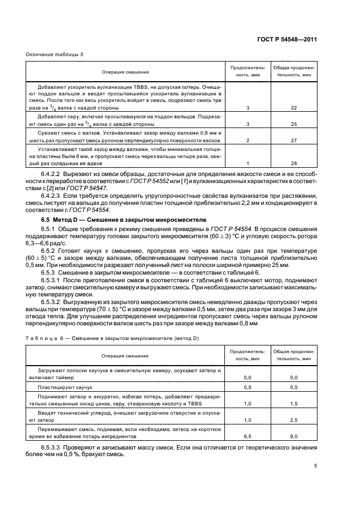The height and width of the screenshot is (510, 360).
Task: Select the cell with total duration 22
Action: pos(294,108)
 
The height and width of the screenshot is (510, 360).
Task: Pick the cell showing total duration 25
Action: pos(294,124)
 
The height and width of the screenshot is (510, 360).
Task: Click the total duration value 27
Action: pos(294,141)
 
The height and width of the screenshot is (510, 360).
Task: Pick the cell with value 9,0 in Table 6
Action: pos(294,436)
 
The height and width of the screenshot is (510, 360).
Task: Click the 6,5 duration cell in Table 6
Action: pos(247,436)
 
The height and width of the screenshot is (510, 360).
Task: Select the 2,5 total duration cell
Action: pos(294,420)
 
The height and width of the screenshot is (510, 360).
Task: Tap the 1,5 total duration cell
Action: pos(294,404)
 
